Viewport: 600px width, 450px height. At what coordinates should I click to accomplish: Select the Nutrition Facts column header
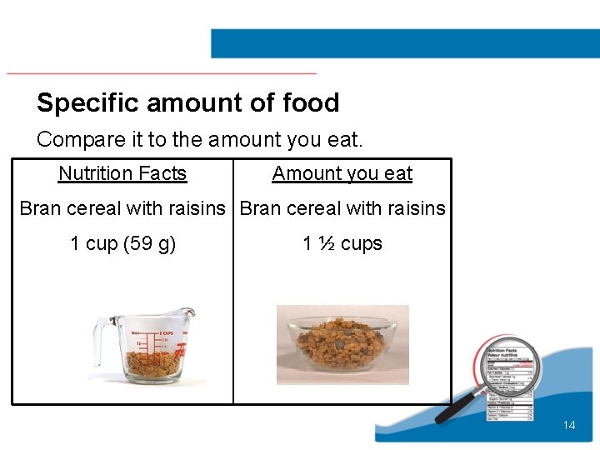122,173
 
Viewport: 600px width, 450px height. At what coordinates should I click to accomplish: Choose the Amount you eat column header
342,173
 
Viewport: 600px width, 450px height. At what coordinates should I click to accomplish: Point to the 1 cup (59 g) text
122,243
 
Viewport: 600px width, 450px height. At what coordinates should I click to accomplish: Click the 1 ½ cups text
342,243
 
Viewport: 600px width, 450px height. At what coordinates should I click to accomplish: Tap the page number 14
569,425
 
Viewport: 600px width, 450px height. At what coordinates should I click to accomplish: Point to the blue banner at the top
404,43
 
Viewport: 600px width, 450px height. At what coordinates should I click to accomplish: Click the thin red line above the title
162,73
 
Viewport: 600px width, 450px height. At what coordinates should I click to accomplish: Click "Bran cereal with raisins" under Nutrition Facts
122,208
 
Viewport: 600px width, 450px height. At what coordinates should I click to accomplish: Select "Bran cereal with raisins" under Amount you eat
342,208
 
